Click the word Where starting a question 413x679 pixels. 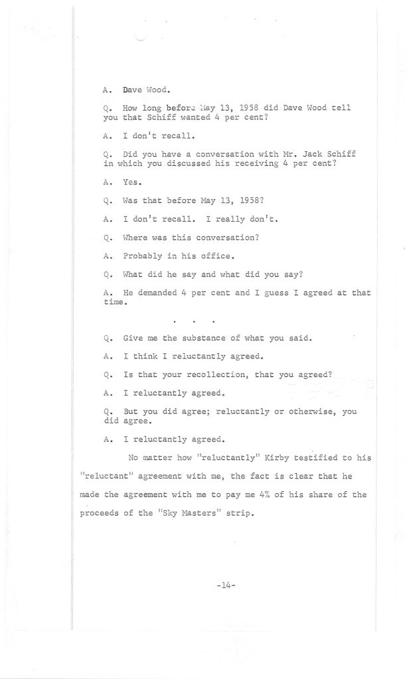point(137,237)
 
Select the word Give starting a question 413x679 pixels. point(133,337)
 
